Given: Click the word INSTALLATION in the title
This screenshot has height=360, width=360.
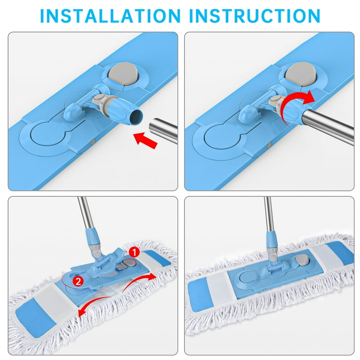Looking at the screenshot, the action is pyautogui.click(x=111, y=15).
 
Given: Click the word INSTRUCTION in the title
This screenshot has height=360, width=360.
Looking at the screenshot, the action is pyautogui.click(x=255, y=15).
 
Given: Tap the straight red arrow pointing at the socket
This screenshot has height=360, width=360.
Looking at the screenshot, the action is pyautogui.click(x=146, y=141).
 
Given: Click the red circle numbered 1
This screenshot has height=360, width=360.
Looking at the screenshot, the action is pyautogui.click(x=135, y=253).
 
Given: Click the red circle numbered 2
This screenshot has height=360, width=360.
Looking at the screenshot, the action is pyautogui.click(x=78, y=281).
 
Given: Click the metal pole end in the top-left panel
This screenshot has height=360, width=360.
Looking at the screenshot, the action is pyautogui.click(x=164, y=130).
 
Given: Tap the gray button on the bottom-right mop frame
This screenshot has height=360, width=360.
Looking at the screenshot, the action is pyautogui.click(x=302, y=260).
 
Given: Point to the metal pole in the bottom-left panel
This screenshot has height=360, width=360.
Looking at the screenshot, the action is pyautogui.click(x=86, y=213).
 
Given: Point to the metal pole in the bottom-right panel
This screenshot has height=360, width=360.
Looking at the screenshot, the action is pyautogui.click(x=268, y=214).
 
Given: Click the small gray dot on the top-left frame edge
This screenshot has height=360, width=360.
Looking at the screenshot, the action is pyautogui.click(x=92, y=142).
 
